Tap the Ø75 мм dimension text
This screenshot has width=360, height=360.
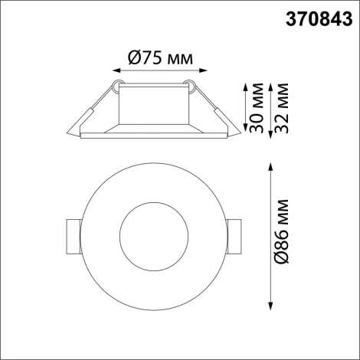click(x=155, y=57)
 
